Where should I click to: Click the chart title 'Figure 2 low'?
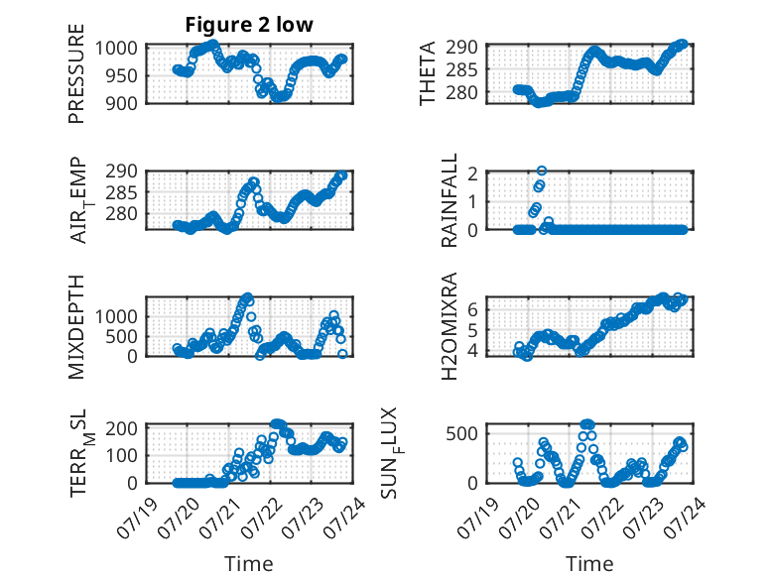[x=249, y=25]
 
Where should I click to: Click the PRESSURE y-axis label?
[x=76, y=73]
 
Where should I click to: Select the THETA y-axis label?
[x=428, y=73]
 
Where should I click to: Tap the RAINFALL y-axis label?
[x=450, y=200]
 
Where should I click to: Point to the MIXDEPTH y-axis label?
[x=76, y=327]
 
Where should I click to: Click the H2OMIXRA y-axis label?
[x=450, y=326]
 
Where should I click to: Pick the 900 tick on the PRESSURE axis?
[x=121, y=103]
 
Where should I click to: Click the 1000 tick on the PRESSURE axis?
[x=116, y=49]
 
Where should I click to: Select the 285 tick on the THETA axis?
[x=461, y=69]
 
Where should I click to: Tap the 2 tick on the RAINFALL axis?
[x=472, y=173]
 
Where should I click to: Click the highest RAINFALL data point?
[x=542, y=171]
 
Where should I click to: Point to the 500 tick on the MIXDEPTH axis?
[x=121, y=337]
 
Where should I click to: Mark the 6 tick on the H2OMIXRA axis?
[x=472, y=309]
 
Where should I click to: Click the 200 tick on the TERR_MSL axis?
[x=121, y=428]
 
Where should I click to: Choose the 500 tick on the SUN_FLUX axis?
[x=461, y=434]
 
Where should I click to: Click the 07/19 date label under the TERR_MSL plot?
[x=138, y=518]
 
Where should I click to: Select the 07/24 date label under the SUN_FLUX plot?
[x=685, y=518]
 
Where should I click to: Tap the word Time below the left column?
[x=249, y=564]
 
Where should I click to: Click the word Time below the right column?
[x=589, y=564]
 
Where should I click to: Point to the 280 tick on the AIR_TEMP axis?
[x=121, y=214]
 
